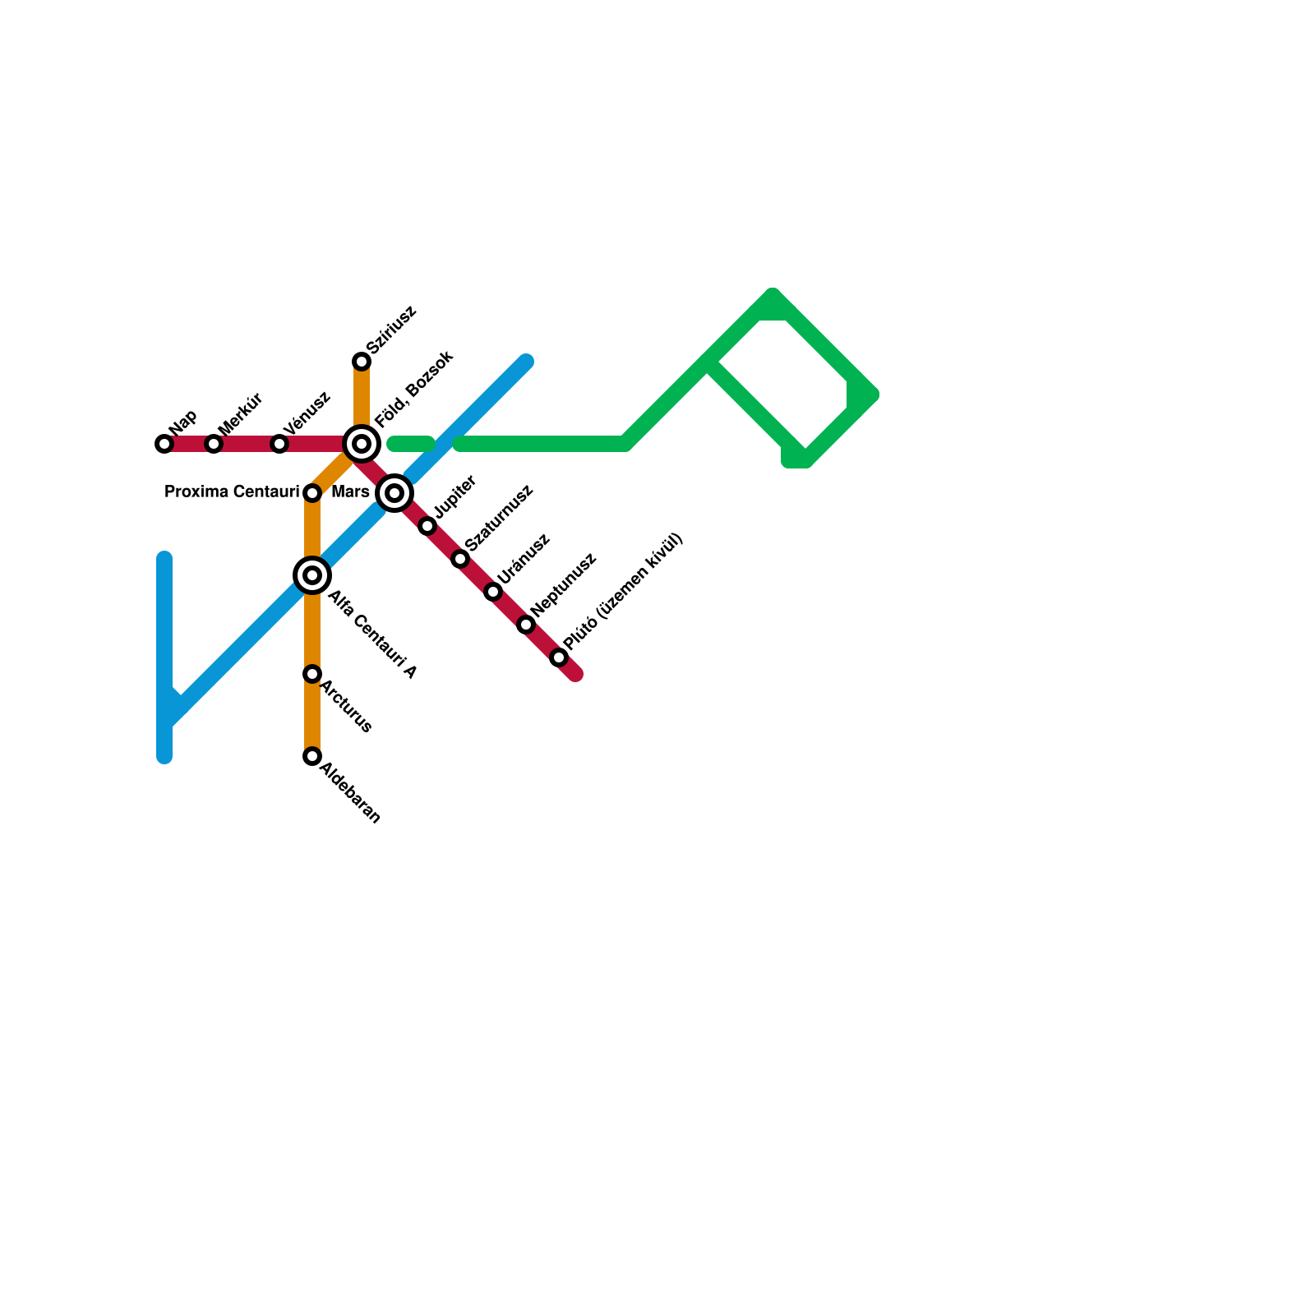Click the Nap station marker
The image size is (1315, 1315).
point(164,444)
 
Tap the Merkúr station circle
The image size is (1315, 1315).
point(214,444)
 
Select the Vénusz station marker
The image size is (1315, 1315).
point(279,444)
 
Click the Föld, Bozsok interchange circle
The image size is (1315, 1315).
point(362,444)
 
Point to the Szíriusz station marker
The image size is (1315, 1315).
point(362,362)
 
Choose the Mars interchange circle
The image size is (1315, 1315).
point(394,493)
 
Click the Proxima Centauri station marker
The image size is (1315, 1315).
point(312,493)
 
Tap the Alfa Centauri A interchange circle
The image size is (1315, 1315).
point(312,575)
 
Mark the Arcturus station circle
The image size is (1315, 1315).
point(312,674)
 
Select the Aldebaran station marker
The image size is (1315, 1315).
point(312,756)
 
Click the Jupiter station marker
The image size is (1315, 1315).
point(427,526)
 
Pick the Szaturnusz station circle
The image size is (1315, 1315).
point(460,559)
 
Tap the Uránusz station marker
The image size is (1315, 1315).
point(493,592)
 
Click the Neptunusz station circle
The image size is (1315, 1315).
point(526,625)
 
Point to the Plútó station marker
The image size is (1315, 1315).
point(559,657)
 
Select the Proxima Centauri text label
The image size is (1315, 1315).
point(232,492)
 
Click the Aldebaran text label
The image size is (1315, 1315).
point(350,793)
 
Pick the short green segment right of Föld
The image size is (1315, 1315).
point(410,445)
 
